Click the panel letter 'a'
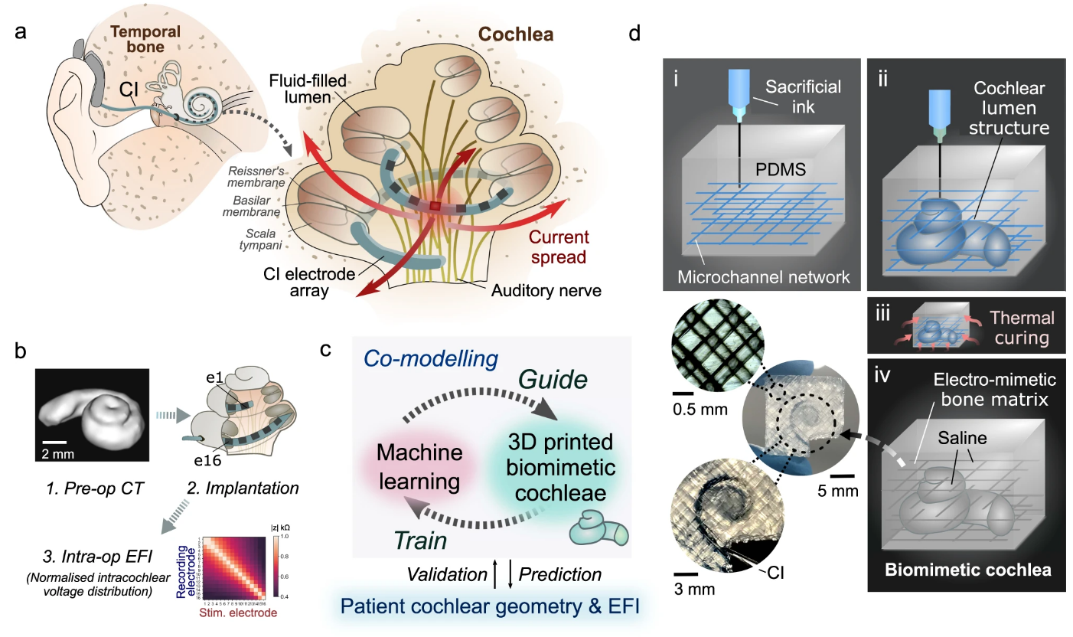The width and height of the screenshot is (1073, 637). point(21,33)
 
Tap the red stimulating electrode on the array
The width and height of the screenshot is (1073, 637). point(435,206)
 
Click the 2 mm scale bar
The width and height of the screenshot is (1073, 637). point(54,442)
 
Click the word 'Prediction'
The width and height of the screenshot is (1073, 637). point(560,573)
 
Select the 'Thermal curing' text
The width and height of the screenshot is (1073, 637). point(1020,326)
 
